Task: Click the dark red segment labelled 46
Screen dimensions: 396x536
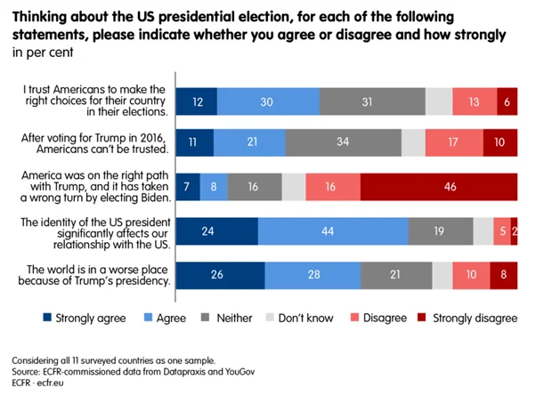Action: click(438, 187)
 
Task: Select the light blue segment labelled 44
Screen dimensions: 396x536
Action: click(333, 230)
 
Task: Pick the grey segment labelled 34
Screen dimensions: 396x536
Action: click(343, 142)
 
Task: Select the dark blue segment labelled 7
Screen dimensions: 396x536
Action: click(188, 187)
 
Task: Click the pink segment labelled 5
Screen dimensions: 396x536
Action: click(502, 230)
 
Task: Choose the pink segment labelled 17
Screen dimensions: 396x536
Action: click(454, 142)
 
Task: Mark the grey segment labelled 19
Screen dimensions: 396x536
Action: click(440, 230)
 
